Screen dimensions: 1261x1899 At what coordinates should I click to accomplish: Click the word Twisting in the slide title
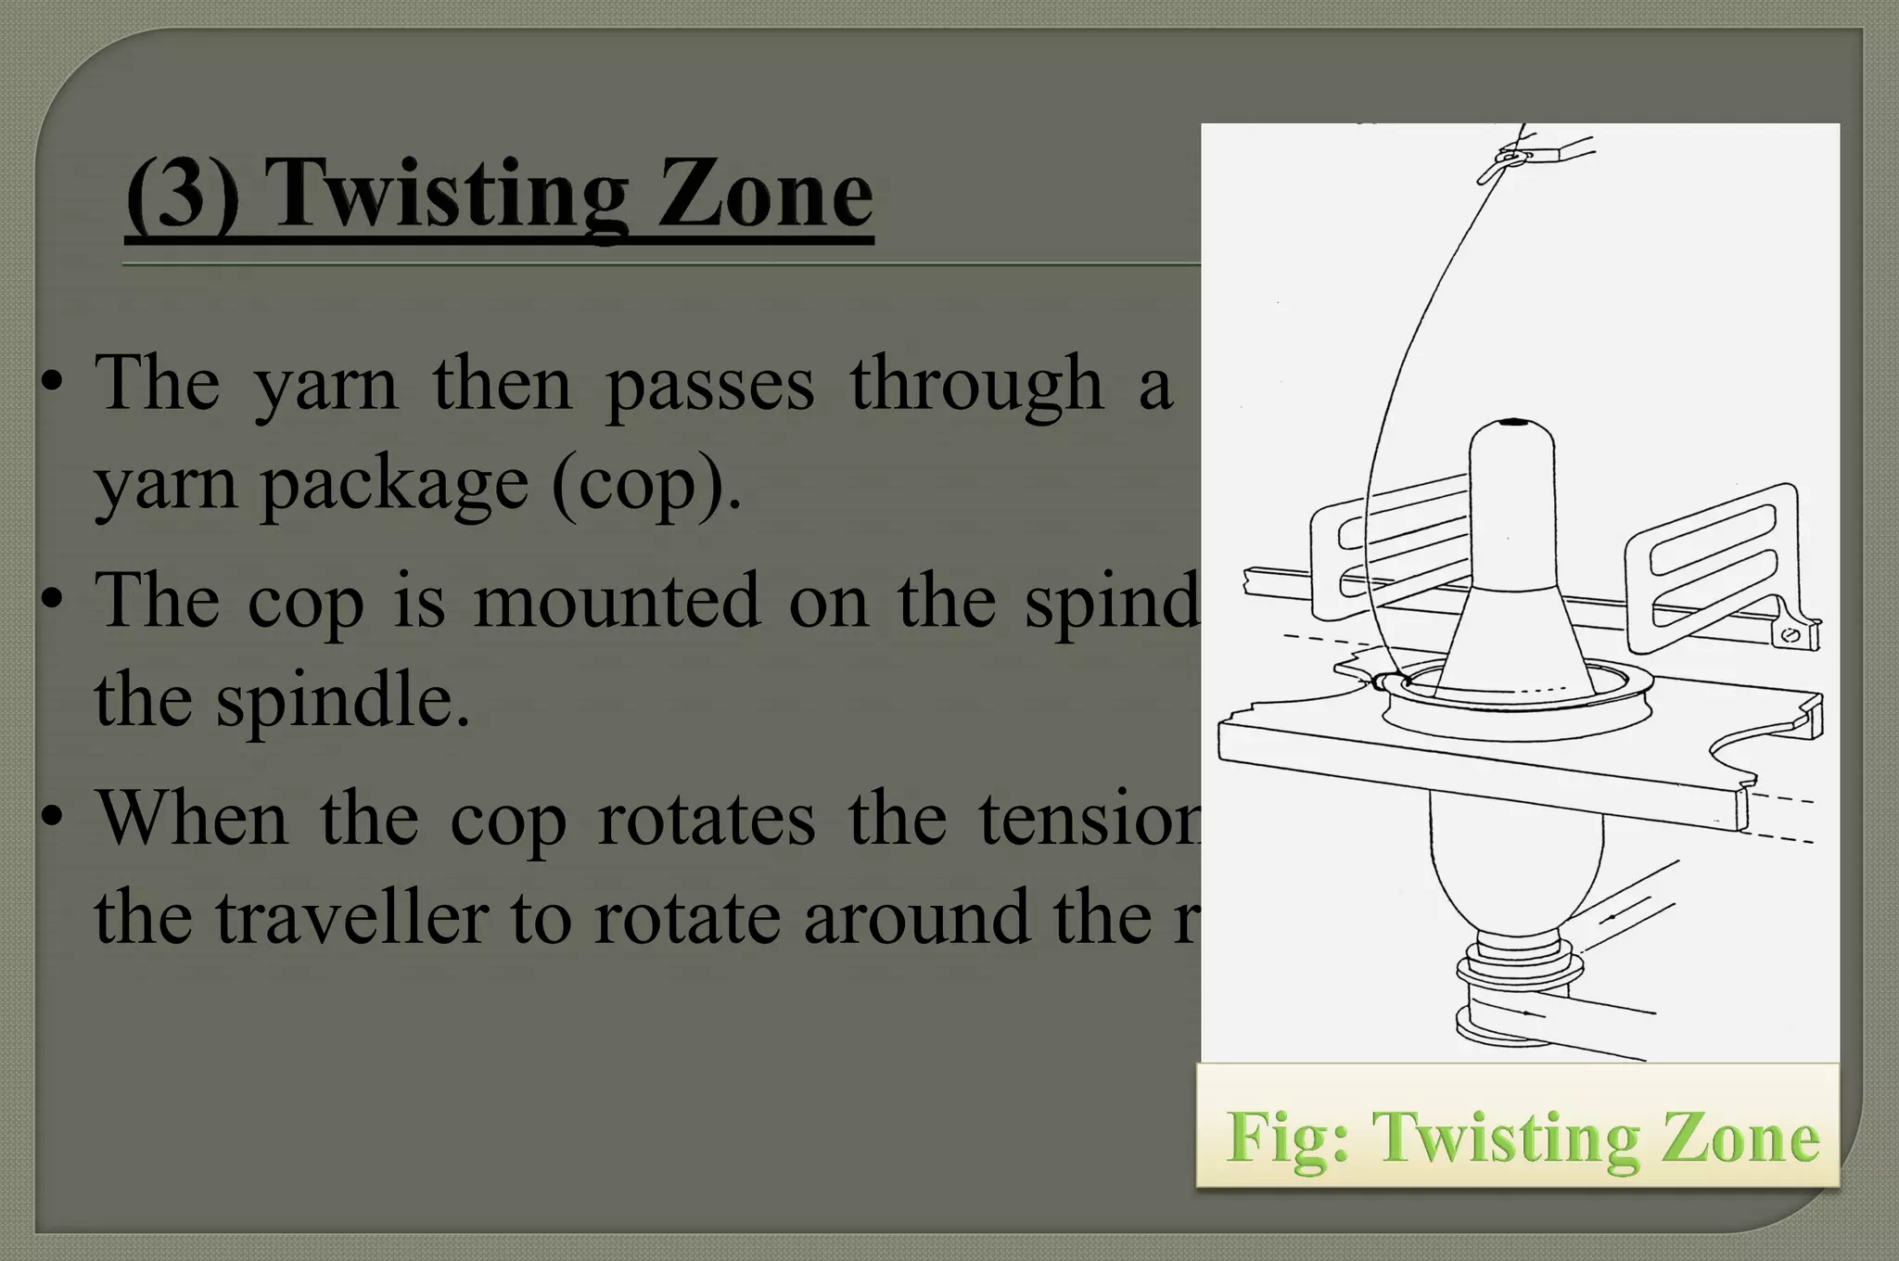[x=450, y=195]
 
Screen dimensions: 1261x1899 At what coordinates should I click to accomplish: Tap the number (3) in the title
[x=182, y=195]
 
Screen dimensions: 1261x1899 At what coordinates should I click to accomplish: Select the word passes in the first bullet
[x=710, y=384]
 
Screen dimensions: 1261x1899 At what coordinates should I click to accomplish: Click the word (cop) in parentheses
[x=646, y=484]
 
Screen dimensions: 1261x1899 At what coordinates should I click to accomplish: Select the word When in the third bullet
[x=192, y=819]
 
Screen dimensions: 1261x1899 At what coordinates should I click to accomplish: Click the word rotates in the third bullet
[x=706, y=819]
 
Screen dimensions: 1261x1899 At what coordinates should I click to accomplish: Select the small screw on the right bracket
[x=1791, y=635]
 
